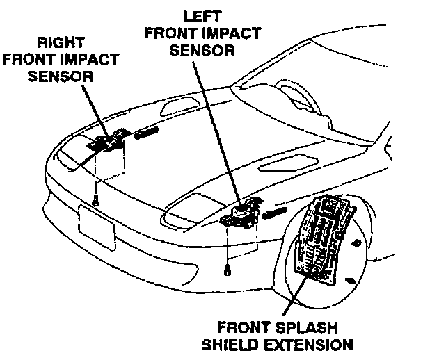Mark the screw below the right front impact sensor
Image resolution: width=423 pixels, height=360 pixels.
coord(95,201)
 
